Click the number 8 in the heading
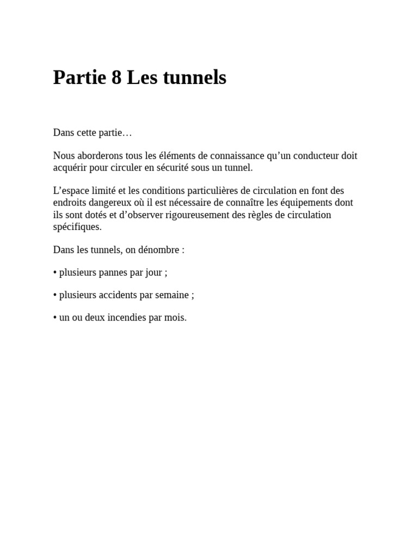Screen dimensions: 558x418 tap(116, 78)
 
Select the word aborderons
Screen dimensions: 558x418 tap(99, 156)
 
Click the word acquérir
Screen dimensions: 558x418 tap(70, 168)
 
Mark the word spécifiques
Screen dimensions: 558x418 tap(77, 227)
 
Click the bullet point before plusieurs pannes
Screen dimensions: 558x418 tap(55, 272)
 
